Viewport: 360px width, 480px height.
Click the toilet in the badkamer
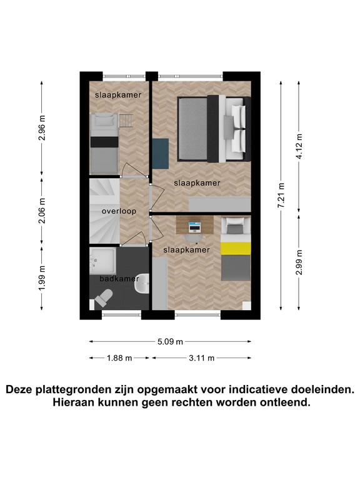pos(103,297)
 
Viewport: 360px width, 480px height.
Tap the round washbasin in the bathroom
pos(142,283)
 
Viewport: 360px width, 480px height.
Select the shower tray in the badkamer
pos(103,261)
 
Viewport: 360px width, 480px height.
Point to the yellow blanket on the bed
pos(236,248)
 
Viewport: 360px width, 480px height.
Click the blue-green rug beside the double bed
pos(161,153)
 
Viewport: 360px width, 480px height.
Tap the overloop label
pos(119,211)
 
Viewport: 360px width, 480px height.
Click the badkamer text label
pos(119,279)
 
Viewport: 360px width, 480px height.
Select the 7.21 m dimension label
pos(281,196)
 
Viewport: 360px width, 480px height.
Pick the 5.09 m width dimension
pos(170,342)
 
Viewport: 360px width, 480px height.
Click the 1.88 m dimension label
pos(119,358)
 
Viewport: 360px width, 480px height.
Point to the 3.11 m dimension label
pos(201,358)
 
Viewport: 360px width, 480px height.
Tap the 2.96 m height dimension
pos(42,128)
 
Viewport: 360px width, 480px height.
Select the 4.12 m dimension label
pos(299,146)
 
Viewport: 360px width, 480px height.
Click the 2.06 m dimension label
pos(42,211)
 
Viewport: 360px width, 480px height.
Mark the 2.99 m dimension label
pos(299,262)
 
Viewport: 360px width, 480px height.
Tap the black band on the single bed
pos(104,142)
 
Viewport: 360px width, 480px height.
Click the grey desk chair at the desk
pos(194,238)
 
